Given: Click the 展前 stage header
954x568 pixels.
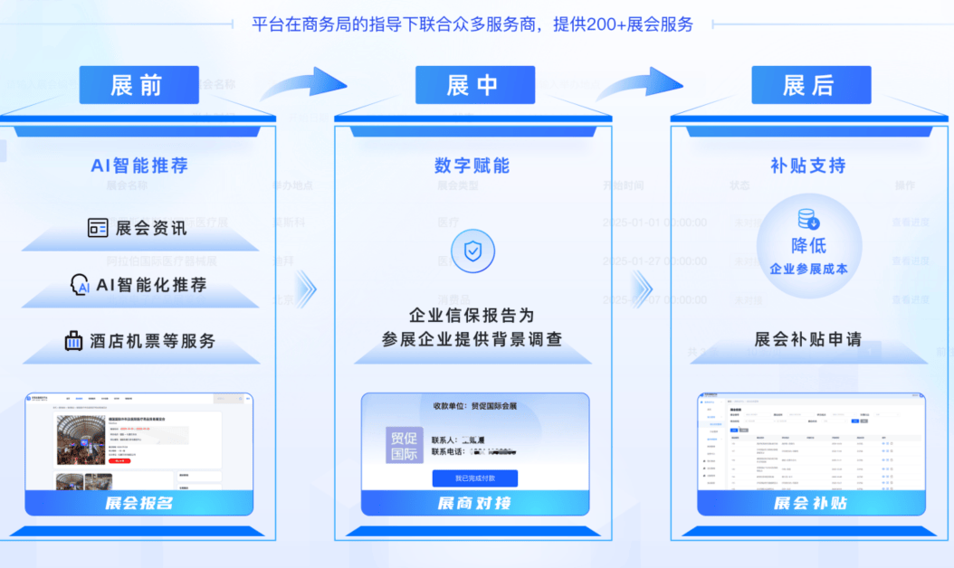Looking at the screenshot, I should [138, 85].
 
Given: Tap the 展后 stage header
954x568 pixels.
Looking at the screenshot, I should [811, 85].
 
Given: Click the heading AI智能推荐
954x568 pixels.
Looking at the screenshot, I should [139, 166].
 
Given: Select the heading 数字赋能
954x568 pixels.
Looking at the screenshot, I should [472, 166].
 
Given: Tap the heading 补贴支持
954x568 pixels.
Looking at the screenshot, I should [808, 166].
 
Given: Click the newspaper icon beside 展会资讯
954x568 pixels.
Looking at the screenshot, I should [98, 228].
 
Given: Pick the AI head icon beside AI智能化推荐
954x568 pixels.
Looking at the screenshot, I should [80, 285].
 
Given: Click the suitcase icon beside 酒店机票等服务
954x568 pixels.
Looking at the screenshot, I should [73, 341].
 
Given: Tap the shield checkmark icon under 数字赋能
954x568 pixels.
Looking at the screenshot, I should [472, 251].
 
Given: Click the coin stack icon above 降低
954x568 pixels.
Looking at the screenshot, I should [808, 219].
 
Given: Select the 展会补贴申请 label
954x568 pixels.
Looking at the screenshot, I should [808, 340].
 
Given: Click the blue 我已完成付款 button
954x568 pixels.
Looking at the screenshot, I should [474, 478].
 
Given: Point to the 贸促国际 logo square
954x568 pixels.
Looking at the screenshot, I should [404, 445].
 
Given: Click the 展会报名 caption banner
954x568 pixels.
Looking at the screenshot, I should [138, 503].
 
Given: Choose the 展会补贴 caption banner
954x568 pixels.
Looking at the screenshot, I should [810, 503].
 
